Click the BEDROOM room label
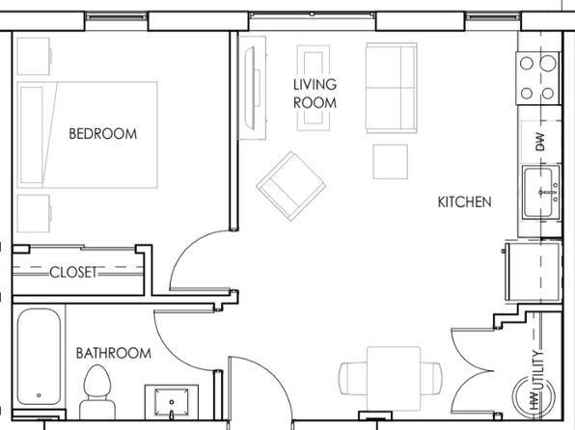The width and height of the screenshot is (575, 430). click(103, 134)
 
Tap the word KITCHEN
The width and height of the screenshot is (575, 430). click(465, 202)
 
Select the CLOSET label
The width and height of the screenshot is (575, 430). click(73, 273)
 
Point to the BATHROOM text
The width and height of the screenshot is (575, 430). click(114, 354)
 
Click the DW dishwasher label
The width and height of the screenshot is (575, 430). click(540, 142)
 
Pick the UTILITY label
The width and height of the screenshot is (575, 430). click(537, 371)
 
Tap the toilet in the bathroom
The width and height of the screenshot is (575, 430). click(97, 391)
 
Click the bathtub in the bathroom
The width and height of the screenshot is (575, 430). click(39, 357)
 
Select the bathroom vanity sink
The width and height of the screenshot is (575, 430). click(172, 402)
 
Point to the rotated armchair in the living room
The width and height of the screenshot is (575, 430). click(291, 186)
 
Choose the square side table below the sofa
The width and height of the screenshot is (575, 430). click(390, 162)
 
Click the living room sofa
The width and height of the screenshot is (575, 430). click(392, 88)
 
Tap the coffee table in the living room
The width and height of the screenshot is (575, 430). click(314, 88)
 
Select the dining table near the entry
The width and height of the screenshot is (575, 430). click(394, 378)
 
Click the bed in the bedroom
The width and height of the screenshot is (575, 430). click(88, 135)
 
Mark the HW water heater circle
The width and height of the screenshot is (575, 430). click(534, 396)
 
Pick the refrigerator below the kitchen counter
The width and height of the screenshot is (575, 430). click(534, 272)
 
